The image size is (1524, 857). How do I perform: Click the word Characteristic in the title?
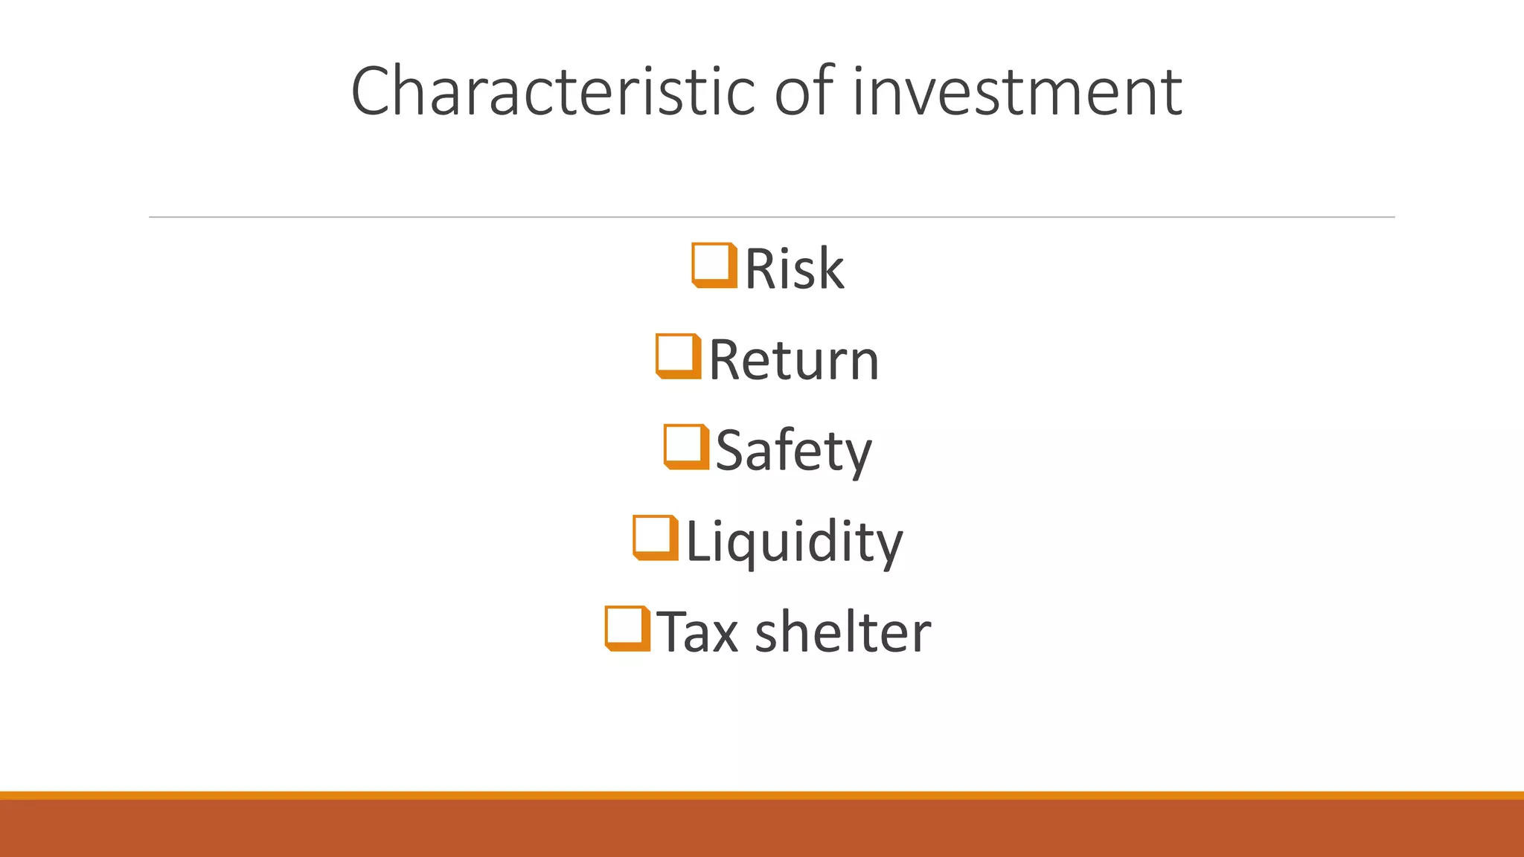(554, 91)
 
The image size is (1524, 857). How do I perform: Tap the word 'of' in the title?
(806, 91)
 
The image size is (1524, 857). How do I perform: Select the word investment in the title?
(1017, 92)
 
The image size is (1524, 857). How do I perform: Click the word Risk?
(794, 269)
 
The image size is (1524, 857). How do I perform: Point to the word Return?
(794, 360)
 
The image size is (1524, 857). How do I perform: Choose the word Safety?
(793, 451)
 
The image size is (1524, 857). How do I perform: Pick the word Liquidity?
(794, 542)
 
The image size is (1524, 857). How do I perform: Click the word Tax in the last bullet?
(697, 632)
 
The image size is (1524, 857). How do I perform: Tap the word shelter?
(842, 632)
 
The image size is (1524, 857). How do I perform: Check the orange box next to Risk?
(714, 265)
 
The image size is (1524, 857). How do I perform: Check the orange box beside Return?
(678, 356)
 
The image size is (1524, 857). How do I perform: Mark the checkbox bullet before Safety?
(685, 447)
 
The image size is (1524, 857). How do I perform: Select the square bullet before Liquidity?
(655, 538)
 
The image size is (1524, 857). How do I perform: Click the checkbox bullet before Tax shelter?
(627, 629)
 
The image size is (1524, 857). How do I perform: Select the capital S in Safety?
(731, 450)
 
